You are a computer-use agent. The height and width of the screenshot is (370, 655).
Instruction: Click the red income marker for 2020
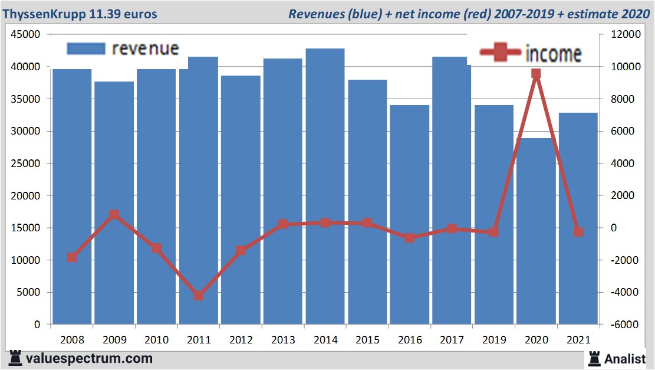click(x=536, y=74)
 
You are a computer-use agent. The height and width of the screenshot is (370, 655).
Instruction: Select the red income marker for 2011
click(x=199, y=296)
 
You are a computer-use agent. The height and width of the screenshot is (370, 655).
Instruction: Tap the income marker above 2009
click(x=114, y=215)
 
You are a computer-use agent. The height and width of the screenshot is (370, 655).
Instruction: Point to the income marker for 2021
click(x=578, y=233)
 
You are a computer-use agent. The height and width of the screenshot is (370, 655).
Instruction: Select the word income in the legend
click(x=553, y=54)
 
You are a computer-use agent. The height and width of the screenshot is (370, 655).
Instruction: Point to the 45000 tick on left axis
click(x=26, y=35)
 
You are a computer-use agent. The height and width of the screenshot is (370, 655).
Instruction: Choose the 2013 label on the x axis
click(x=283, y=340)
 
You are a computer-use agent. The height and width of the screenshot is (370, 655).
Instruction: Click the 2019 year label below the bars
click(x=494, y=340)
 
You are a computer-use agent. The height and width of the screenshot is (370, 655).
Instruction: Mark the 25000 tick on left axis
click(x=26, y=163)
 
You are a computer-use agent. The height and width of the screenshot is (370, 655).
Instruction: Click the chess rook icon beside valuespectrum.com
click(x=15, y=358)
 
